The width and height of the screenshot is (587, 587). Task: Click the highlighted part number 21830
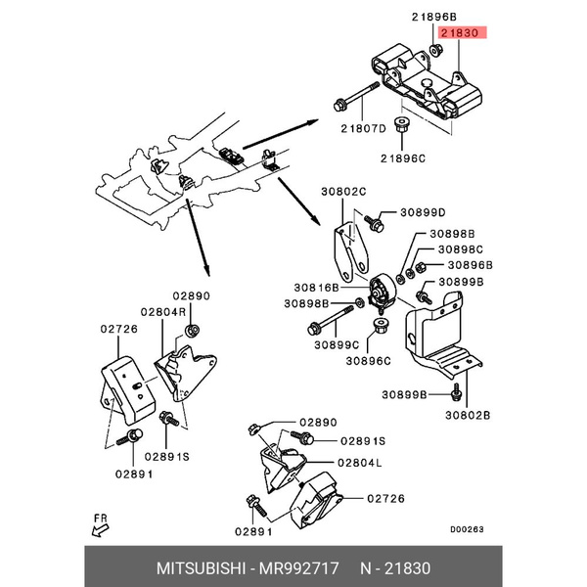[x=460, y=33]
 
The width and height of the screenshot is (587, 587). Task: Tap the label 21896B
[x=434, y=17]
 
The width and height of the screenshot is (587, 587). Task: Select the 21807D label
[x=363, y=129]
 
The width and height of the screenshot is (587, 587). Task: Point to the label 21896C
[x=403, y=158]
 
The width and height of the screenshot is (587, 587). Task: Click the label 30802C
[x=343, y=192]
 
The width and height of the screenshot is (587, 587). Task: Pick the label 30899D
[x=423, y=212]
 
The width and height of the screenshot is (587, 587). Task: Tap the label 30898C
[x=461, y=249]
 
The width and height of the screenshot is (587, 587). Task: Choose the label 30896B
[x=471, y=265]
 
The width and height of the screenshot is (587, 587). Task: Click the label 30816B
[x=316, y=288]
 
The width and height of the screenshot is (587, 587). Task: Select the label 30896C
[x=369, y=361]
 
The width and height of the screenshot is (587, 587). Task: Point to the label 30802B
[x=468, y=415]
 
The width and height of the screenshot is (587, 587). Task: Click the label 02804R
[x=163, y=312]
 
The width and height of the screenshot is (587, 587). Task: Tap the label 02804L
[x=360, y=463]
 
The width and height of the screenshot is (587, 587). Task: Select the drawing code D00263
[x=467, y=529]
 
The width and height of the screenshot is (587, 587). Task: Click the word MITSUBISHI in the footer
[x=201, y=568]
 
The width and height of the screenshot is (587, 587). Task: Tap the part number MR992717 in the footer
[x=299, y=568]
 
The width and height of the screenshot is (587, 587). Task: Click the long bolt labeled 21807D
[x=356, y=97]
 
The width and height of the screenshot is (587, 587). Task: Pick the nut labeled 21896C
[x=402, y=124]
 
